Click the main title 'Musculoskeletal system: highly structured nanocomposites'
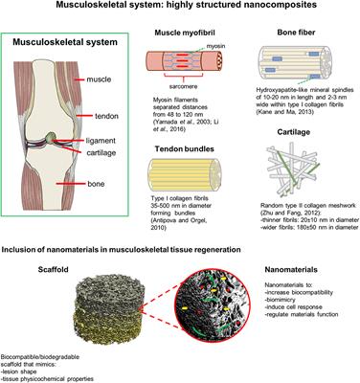[x=180, y=8]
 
